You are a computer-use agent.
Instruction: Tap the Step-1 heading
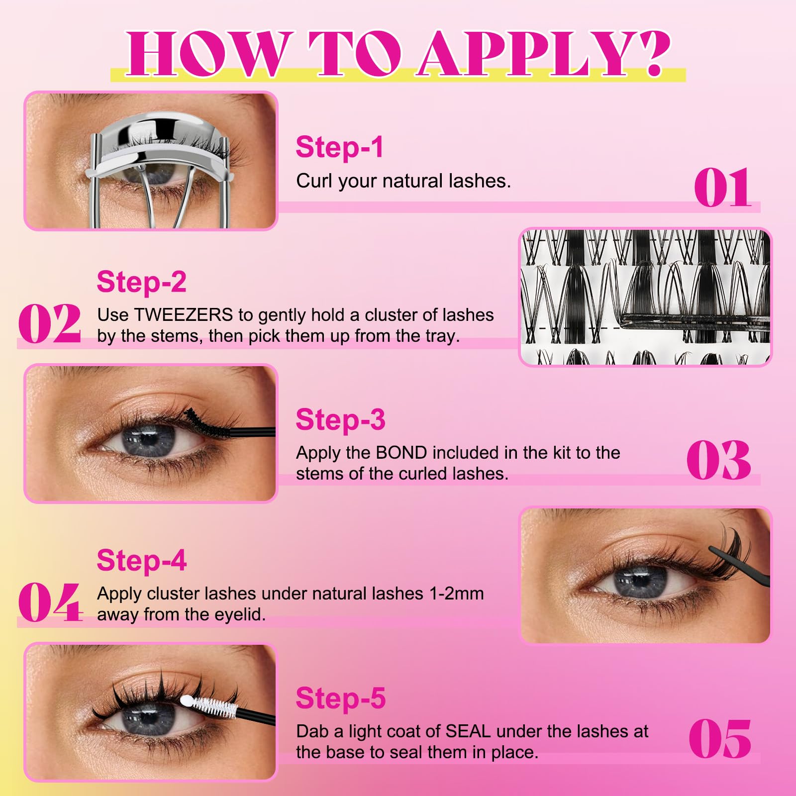click(x=339, y=147)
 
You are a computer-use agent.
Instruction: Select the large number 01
click(x=722, y=188)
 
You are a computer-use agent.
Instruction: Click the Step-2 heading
click(x=141, y=282)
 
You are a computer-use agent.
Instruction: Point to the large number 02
click(x=50, y=323)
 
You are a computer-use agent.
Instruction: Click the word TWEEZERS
click(x=183, y=315)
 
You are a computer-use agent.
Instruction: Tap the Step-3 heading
click(x=340, y=420)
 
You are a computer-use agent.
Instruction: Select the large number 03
click(x=718, y=460)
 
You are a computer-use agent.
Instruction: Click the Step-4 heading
click(x=141, y=561)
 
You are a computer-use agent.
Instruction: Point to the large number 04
click(x=50, y=602)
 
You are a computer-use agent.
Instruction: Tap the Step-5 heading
click(x=340, y=698)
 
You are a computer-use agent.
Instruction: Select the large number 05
click(x=719, y=739)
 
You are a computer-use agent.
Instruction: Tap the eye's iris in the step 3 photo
click(x=149, y=441)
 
